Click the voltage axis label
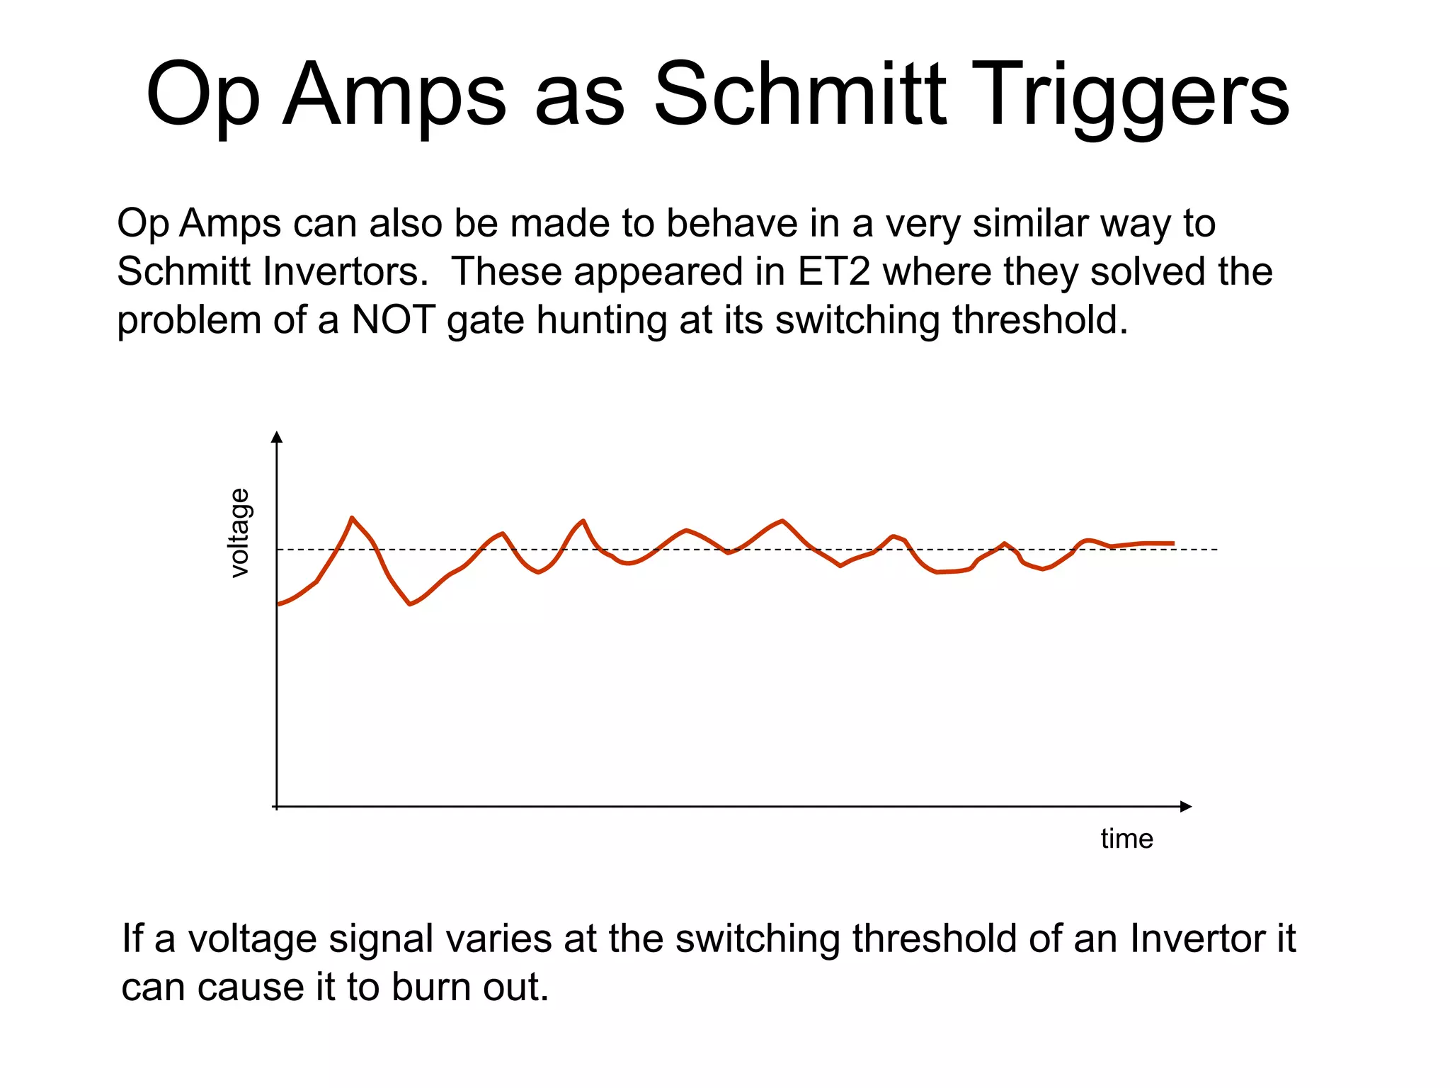(240, 533)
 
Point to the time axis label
(1126, 839)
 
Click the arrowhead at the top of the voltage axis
(278, 436)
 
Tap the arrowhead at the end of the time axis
(1186, 806)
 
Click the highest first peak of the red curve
(352, 518)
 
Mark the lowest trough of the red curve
(410, 604)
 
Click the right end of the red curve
(1173, 543)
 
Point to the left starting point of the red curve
(278, 604)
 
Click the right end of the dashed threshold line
(1216, 550)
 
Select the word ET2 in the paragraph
(833, 271)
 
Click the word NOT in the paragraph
(393, 319)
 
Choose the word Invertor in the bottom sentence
(1197, 939)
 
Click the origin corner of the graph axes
(277, 806)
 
